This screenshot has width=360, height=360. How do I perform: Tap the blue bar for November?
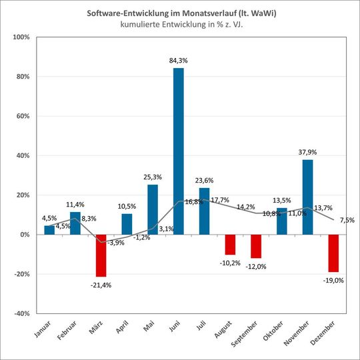tap(307, 197)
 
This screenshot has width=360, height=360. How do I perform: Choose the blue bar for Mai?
tap(153, 209)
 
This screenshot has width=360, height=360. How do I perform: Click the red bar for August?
tap(230, 245)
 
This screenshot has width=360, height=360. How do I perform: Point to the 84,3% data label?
tap(179, 61)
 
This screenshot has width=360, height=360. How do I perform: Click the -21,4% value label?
tap(101, 285)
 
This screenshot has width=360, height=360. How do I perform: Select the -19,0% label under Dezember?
tap(333, 281)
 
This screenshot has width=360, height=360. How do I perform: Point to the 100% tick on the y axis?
tap(21, 37)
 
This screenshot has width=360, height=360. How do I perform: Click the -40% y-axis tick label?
tap(21, 313)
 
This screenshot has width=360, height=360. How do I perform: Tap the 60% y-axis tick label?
tap(22, 116)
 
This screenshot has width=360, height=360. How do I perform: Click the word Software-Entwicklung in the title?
tap(125, 13)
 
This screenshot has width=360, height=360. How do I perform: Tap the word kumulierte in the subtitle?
tap(141, 25)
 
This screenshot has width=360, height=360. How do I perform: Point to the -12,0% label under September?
tap(257, 266)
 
